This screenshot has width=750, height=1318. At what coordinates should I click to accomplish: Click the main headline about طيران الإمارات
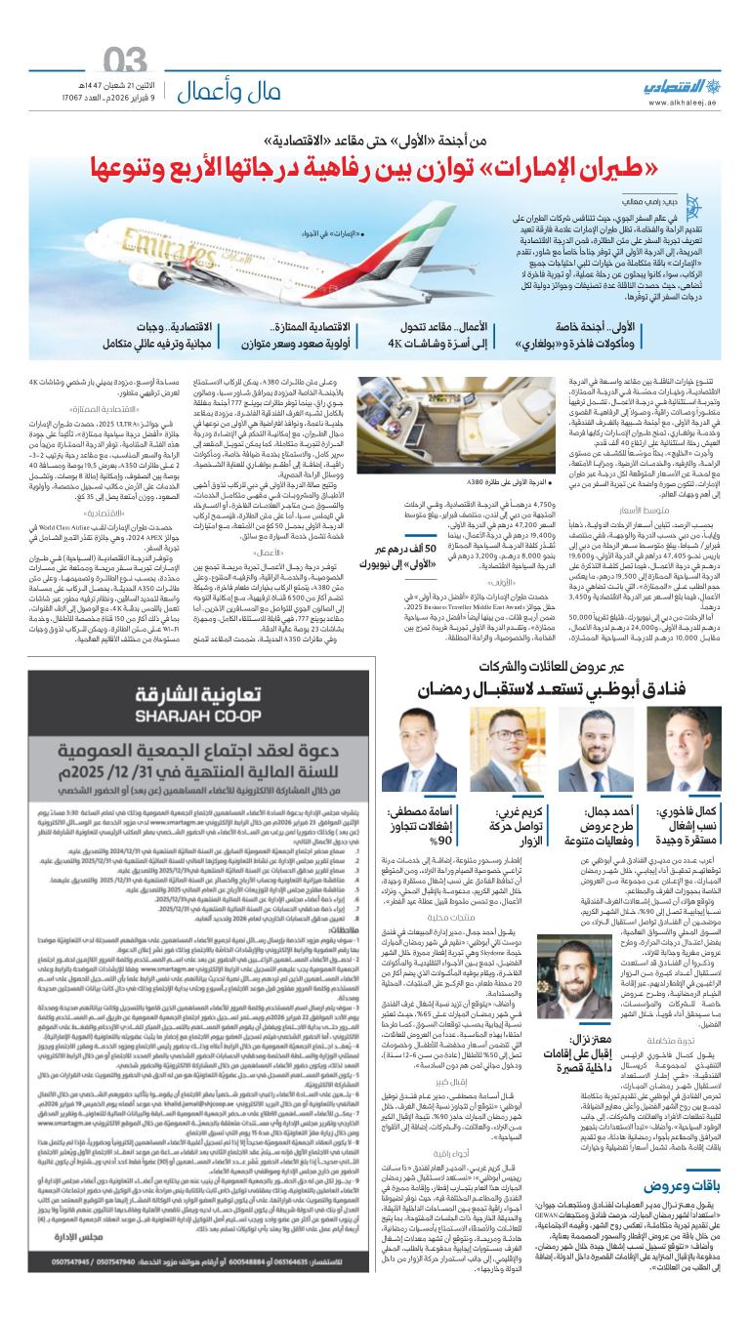point(375,182)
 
